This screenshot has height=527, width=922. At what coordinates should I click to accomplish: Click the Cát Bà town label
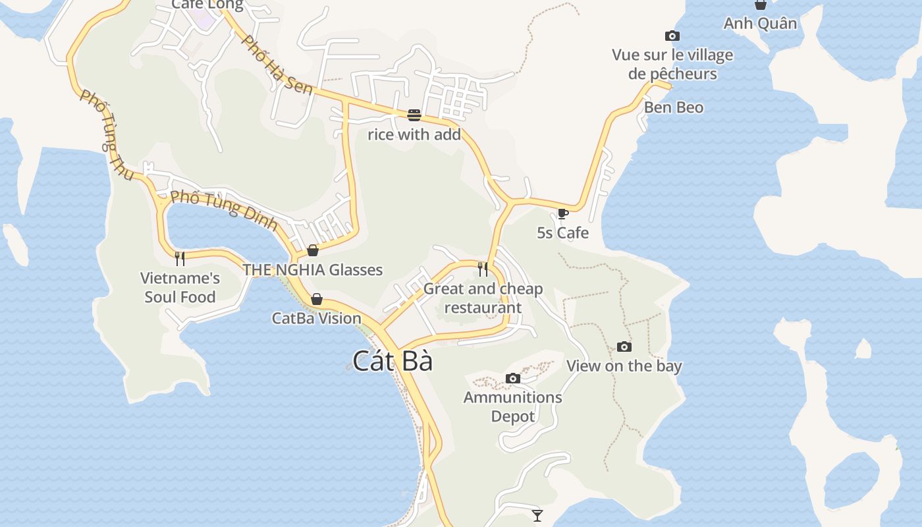(393, 361)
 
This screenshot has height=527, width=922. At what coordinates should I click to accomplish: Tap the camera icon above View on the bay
(624, 347)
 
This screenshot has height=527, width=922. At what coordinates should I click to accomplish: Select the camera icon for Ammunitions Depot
(513, 378)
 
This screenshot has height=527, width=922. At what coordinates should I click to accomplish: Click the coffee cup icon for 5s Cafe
(562, 213)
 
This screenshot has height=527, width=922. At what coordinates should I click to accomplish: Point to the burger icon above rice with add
(414, 115)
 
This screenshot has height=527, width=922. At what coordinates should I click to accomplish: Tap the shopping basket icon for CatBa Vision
(317, 299)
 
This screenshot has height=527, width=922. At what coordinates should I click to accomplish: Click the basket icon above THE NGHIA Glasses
(313, 250)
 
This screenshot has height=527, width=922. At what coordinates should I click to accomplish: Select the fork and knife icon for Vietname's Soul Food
(180, 258)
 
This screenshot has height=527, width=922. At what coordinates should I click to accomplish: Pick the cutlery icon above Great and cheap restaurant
(483, 269)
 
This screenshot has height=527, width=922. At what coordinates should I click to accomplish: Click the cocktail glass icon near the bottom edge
(537, 515)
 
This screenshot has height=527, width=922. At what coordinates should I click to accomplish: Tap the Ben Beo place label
(674, 107)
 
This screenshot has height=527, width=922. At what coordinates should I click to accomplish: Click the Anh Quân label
(760, 24)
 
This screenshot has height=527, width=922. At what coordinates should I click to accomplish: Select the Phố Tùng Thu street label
(107, 134)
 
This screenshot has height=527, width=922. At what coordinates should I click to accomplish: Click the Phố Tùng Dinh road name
(224, 209)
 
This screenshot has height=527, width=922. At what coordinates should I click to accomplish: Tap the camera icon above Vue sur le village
(672, 36)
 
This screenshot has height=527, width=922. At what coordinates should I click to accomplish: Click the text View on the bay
(624, 366)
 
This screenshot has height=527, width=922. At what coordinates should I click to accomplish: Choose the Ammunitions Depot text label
(513, 406)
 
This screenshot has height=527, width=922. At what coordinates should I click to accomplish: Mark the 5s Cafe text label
(562, 233)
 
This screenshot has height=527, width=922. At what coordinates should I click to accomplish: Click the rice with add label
(414, 135)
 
